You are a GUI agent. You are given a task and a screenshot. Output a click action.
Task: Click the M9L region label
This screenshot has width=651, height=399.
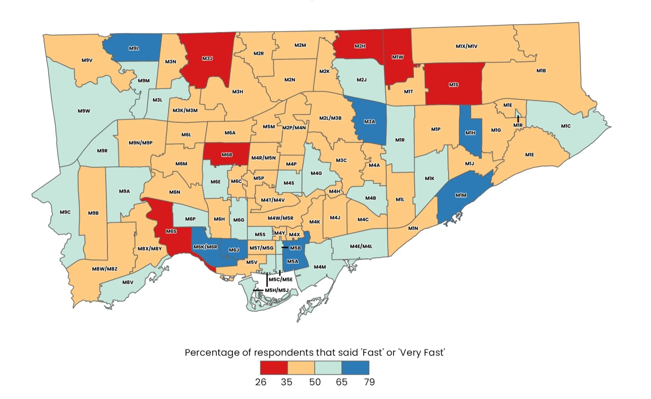click(134, 48)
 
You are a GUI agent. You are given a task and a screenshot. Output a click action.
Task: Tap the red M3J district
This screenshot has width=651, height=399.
click(207, 58)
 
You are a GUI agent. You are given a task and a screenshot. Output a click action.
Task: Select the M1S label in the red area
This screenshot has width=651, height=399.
click(453, 85)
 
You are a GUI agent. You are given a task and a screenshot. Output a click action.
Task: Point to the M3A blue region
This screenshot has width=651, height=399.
click(370, 122)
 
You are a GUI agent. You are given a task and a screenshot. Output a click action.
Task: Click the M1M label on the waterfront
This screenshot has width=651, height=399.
click(461, 195)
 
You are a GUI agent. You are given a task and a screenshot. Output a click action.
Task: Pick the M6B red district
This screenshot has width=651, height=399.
click(227, 155)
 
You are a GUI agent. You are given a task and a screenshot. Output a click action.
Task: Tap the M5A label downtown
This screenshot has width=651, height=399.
click(293, 261)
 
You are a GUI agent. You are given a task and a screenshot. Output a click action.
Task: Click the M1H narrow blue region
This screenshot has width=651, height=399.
click(470, 133)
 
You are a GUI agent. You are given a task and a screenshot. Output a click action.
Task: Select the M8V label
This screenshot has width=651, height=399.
click(128, 282)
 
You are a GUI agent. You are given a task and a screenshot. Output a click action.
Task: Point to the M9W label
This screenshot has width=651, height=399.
click(84, 111)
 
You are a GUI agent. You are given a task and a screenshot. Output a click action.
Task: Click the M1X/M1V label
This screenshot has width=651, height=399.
click(466, 46)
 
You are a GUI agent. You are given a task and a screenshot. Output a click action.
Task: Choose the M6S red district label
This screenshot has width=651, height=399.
click(171, 231)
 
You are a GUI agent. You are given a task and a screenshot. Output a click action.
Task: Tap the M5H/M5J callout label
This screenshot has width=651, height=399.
click(277, 290)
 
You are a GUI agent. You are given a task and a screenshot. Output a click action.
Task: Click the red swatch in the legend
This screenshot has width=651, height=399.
click(274, 367)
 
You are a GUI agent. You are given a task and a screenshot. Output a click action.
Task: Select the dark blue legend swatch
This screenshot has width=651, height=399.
click(355, 367)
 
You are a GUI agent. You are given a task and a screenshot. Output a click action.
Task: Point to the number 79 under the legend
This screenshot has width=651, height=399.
click(369, 382)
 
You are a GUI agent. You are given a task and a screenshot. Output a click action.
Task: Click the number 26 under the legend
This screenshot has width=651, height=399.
click(261, 382)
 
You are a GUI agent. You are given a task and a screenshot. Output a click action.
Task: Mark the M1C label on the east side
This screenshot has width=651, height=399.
click(566, 126)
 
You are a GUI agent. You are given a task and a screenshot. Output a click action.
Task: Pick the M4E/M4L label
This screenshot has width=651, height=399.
click(361, 246)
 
